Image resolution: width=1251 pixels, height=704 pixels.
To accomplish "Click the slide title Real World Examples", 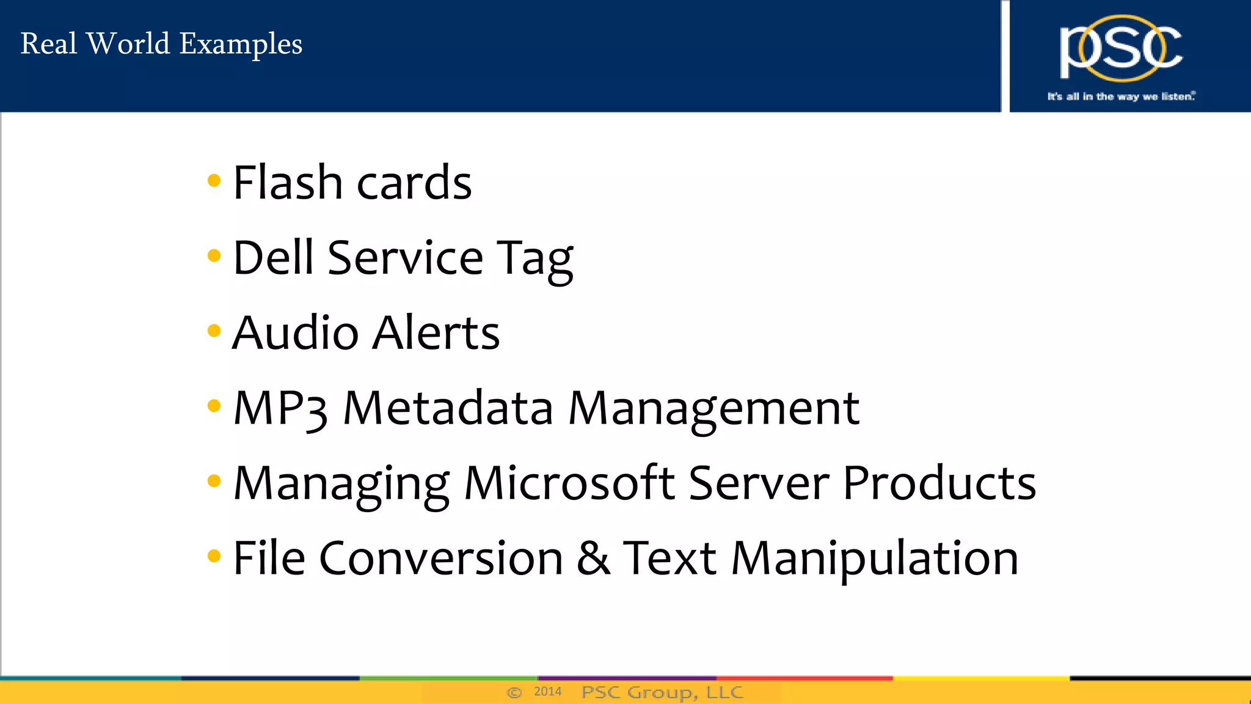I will tap(161, 44).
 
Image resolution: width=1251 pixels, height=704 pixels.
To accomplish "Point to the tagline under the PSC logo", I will tap(1121, 97).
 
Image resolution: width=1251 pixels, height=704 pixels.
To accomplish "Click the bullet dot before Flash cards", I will tap(214, 180).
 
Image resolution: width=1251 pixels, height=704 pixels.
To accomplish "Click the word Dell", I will tap(273, 257).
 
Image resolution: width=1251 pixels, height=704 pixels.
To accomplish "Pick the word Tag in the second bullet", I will tap(534, 260).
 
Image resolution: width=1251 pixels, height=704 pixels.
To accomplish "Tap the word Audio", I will tap(295, 333).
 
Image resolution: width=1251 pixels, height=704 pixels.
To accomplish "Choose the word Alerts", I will tap(436, 333).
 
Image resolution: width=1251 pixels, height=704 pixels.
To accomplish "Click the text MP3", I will tap(280, 408).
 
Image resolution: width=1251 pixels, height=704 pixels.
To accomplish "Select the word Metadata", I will tap(448, 408).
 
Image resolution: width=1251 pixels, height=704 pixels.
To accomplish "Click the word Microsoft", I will tap(569, 483).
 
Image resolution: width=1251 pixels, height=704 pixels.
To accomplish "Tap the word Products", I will tap(939, 483).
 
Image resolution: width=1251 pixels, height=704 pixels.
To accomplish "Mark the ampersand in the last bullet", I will tap(593, 557).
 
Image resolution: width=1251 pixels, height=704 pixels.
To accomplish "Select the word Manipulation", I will tap(875, 559).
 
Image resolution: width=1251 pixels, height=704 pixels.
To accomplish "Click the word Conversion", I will tap(440, 558).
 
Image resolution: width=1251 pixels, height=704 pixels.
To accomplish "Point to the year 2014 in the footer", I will tap(547, 692).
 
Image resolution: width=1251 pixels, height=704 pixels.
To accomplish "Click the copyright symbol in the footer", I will tap(514, 692).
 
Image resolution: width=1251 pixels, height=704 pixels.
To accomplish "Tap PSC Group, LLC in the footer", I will tap(662, 692).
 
